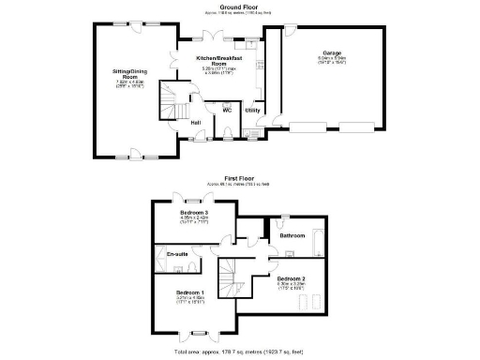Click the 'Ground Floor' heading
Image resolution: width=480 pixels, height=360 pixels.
(x=239, y=6)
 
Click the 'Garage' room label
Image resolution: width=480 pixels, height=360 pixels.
(x=331, y=52)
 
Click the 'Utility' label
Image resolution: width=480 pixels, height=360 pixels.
(x=252, y=111)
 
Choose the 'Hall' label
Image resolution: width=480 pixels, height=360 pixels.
(x=195, y=123)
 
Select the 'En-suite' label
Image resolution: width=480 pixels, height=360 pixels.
(x=177, y=254)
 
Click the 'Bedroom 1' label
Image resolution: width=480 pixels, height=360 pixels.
(x=190, y=292)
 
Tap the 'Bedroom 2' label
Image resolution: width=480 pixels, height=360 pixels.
(x=291, y=278)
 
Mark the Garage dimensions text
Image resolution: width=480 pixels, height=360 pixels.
(x=331, y=60)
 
